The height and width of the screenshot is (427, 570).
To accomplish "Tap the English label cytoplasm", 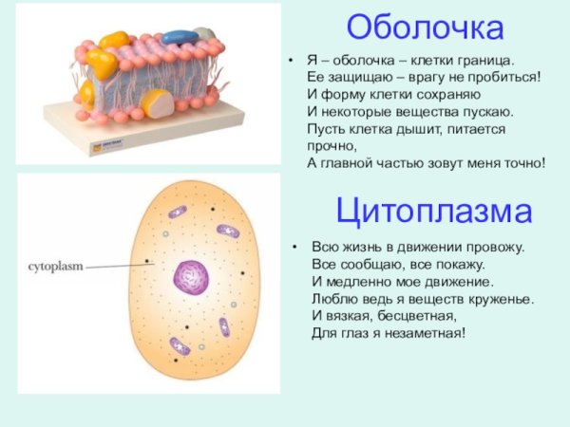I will point(55,269).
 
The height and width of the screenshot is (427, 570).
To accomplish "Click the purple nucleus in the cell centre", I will point(190,278).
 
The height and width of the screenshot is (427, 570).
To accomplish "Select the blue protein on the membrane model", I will point(179,37).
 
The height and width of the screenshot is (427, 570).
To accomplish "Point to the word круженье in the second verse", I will point(500,299).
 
